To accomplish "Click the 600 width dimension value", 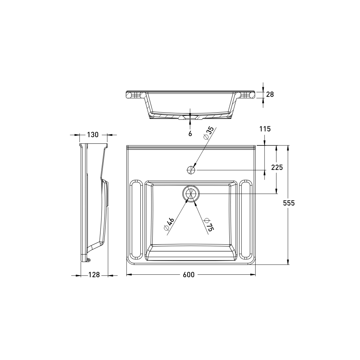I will click(188, 275).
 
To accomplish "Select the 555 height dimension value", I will click(288, 203).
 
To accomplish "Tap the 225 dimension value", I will click(277, 167).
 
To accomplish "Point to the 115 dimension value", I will click(265, 129).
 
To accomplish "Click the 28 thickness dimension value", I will click(270, 94).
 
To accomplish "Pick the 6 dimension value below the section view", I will click(190, 134).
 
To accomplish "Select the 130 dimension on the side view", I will click(93, 135).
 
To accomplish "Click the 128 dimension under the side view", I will click(94, 275).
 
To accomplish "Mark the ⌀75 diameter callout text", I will click(208, 224).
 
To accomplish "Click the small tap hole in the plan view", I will click(191, 170).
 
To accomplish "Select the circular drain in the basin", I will click(191, 193).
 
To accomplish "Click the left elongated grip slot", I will click(136, 220).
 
